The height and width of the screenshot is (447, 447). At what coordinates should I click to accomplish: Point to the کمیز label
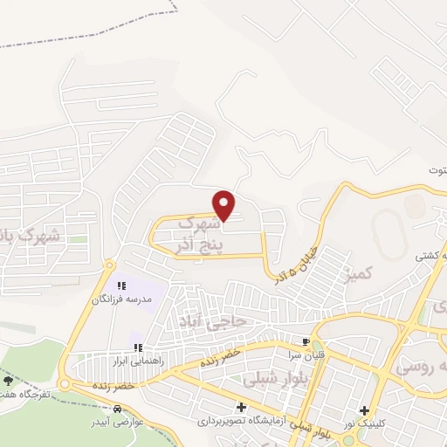360,274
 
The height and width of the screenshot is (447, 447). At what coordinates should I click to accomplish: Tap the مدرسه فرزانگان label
123,299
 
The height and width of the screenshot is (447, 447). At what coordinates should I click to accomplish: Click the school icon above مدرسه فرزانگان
123,285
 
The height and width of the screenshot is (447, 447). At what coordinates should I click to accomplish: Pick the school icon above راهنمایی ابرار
137,347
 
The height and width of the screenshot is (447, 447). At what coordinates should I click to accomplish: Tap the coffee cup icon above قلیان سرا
306,341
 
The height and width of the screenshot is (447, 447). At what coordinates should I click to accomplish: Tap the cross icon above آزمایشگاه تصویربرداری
241,408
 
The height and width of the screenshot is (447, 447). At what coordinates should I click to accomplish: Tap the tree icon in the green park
9,382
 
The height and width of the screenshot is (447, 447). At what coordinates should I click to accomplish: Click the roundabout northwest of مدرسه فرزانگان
109,265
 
